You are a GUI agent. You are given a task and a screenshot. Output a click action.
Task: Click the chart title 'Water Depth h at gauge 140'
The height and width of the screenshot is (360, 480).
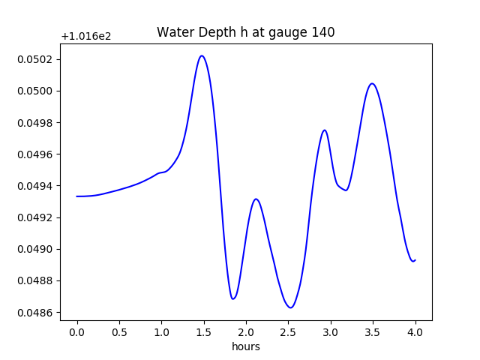pos(245,32)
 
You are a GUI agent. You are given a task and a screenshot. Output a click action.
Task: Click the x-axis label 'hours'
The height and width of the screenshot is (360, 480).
pos(245,347)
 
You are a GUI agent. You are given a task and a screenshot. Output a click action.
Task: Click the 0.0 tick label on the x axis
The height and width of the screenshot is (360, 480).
pos(77,332)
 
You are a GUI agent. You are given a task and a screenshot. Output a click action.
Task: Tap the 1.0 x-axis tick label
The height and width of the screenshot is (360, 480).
pos(161,332)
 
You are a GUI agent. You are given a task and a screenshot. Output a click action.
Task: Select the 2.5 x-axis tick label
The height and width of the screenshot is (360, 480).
pos(289,332)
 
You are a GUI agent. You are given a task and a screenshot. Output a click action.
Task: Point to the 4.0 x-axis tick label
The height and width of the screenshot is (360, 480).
pos(415,332)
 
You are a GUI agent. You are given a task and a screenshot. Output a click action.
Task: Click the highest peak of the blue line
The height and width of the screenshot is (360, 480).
pos(202,55)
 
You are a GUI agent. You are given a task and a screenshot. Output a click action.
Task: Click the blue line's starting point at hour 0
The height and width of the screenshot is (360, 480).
pos(77,196)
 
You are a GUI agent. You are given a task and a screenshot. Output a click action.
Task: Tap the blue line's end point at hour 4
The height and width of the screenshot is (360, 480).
pos(415,260)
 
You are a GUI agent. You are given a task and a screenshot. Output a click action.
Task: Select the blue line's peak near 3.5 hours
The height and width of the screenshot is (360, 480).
pos(372,83)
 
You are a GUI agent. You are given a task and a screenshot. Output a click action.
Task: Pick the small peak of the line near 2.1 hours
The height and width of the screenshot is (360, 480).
pos(256,199)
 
